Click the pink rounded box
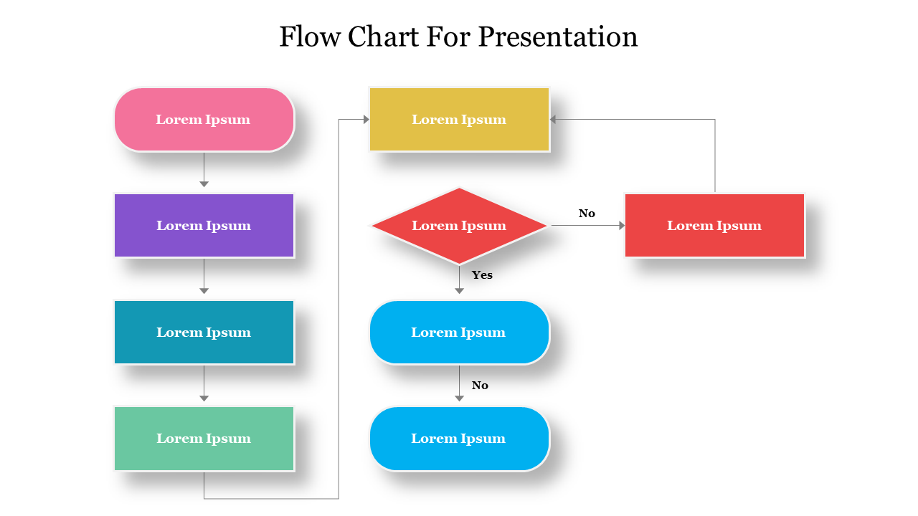[204, 120]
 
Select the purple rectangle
[204, 225]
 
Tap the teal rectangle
[204, 332]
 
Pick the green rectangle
[204, 438]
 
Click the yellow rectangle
[459, 120]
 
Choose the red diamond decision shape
[459, 225]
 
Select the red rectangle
[714, 225]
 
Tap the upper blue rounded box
[459, 332]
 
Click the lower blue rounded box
[459, 438]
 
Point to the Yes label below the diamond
[482, 274]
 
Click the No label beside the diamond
[587, 213]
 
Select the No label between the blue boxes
[480, 386]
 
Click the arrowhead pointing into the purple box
[204, 184]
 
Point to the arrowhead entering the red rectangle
[621, 225]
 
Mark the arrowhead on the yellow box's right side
[554, 120]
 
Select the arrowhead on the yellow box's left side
[366, 120]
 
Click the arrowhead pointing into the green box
[204, 398]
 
